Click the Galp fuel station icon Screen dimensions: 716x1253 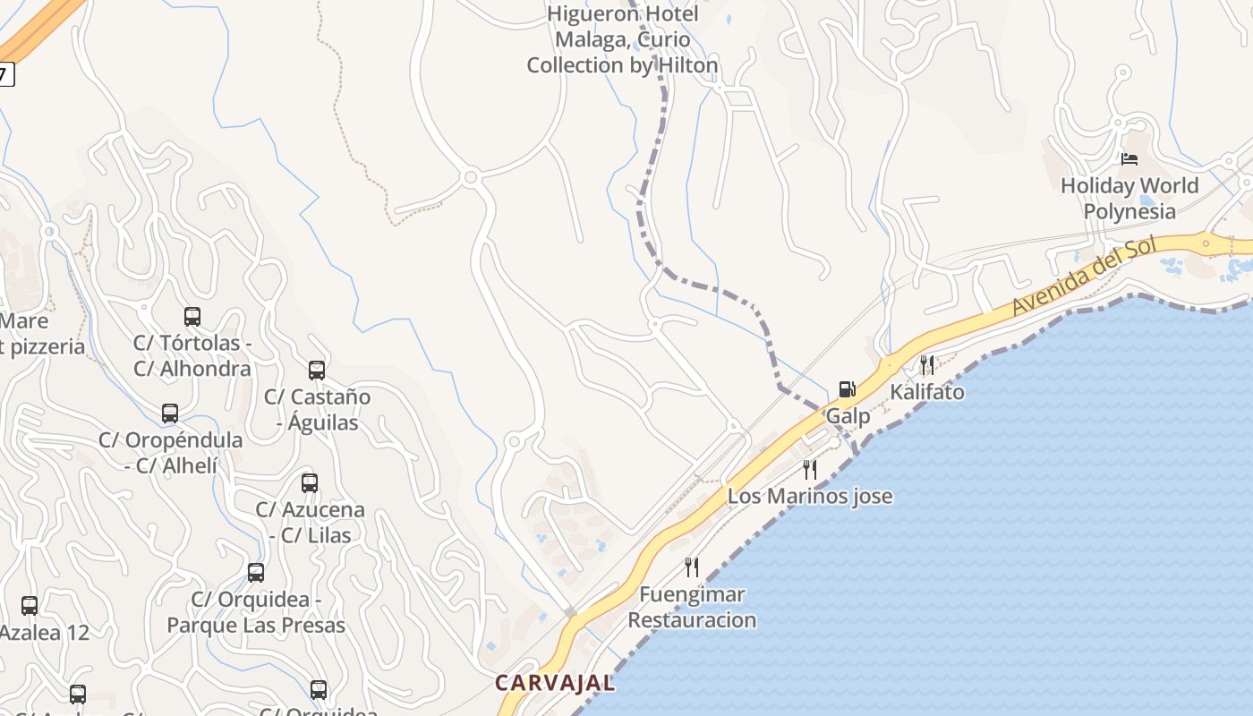point(847,389)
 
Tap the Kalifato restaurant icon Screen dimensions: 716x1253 point(927,364)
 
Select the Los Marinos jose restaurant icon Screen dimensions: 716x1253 point(810,470)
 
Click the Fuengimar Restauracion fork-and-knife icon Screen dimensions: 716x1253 point(691,567)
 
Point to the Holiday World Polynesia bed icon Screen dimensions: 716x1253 point(1129,159)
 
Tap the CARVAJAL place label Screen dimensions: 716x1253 point(555,683)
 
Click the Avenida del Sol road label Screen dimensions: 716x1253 point(1084,277)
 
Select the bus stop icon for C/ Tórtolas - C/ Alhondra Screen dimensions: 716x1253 point(192,316)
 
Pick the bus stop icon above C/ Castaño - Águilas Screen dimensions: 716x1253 point(316,370)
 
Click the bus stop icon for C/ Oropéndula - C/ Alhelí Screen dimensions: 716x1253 point(170,413)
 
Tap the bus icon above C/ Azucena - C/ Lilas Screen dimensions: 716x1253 point(310,483)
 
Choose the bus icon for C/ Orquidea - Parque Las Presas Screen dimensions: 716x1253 point(256,573)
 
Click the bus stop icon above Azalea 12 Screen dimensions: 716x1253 point(30,606)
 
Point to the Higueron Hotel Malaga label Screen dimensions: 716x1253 point(622,39)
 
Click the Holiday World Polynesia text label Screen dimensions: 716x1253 point(1129,199)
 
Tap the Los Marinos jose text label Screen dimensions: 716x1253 point(810,496)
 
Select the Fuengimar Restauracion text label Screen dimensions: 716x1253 point(692,607)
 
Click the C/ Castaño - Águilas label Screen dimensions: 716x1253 point(317,409)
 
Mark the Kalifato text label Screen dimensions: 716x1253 point(927,392)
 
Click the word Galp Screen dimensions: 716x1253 point(848,416)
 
